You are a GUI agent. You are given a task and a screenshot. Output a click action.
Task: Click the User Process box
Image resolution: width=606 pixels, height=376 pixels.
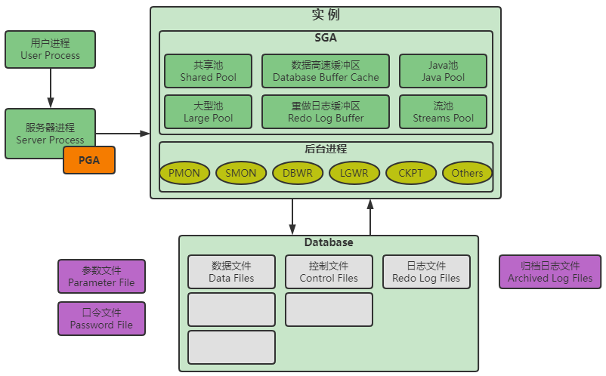pyautogui.click(x=50, y=49)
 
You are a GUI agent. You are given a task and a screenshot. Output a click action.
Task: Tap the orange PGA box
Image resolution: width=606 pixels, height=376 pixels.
pyautogui.click(x=89, y=160)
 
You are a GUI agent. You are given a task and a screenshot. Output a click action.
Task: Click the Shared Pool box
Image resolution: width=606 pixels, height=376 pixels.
pyautogui.click(x=209, y=71)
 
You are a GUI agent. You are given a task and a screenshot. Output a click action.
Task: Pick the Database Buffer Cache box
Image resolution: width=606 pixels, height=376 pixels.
pyautogui.click(x=326, y=71)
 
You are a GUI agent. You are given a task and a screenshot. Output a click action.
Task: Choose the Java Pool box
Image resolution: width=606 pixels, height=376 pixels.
pyautogui.click(x=443, y=71)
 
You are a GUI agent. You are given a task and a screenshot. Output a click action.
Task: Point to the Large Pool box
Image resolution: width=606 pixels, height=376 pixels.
pyautogui.click(x=209, y=112)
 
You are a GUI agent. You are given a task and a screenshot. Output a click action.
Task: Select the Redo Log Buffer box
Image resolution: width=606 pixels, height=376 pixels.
pyautogui.click(x=326, y=112)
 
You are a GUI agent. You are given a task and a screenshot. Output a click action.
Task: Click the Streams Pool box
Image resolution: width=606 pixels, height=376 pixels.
pyautogui.click(x=443, y=112)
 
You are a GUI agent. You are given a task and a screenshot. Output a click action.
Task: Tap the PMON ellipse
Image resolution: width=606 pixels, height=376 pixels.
pyautogui.click(x=184, y=173)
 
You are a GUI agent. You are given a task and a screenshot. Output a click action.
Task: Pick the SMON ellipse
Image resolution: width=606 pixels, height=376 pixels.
pyautogui.click(x=241, y=173)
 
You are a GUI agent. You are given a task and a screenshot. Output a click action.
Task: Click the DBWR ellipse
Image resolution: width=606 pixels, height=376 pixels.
pyautogui.click(x=298, y=173)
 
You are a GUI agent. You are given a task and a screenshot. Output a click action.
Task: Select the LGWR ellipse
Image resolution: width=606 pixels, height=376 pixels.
pyautogui.click(x=354, y=173)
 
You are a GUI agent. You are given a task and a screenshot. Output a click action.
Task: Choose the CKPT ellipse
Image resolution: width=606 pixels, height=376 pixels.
pyautogui.click(x=411, y=173)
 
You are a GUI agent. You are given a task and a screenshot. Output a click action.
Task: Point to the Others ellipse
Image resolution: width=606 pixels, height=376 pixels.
pyautogui.click(x=467, y=173)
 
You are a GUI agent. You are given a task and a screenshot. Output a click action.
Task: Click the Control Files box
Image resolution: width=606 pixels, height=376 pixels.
pyautogui.click(x=329, y=272)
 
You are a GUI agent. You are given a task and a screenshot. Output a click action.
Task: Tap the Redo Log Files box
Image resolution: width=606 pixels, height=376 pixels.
pyautogui.click(x=426, y=272)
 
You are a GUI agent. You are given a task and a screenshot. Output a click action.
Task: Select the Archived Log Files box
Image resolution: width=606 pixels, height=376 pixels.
pyautogui.click(x=550, y=272)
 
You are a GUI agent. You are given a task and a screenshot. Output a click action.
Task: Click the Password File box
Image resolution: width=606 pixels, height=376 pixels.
pyautogui.click(x=102, y=319)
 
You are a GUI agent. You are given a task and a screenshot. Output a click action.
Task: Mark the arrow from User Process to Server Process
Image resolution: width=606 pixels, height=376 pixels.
pyautogui.click(x=50, y=88)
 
